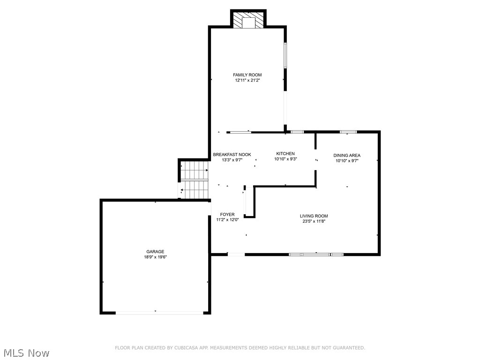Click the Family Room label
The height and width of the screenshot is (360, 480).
click(x=247, y=75)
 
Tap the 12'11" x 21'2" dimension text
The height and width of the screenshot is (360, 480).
click(x=247, y=80)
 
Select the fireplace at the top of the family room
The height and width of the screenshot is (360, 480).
click(x=248, y=20)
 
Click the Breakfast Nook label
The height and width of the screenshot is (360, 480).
click(x=232, y=155)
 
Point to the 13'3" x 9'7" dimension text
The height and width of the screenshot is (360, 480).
click(x=232, y=160)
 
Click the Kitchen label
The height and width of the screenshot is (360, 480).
click(x=285, y=154)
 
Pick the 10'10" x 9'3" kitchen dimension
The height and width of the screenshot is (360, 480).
click(x=285, y=159)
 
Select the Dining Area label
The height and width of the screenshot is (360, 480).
click(x=347, y=156)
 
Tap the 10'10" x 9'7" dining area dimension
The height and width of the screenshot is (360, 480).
click(x=347, y=161)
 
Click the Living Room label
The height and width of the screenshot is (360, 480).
click(x=314, y=216)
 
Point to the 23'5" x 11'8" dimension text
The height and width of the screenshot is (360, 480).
click(x=314, y=221)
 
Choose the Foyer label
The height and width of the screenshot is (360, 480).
click(x=227, y=215)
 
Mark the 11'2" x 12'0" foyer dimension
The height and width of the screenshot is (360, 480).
click(x=227, y=220)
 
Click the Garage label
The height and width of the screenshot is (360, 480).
click(x=155, y=252)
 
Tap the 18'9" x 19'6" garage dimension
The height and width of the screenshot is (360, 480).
click(x=155, y=257)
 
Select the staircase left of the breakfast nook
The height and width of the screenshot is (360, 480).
click(x=195, y=180)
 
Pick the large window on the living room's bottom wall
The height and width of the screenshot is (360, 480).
click(x=316, y=255)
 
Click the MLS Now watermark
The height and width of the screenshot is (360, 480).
click(x=26, y=352)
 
